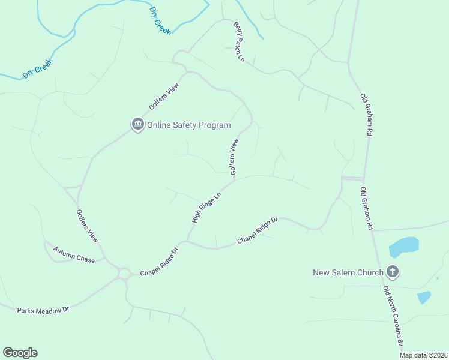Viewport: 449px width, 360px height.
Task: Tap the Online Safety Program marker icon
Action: click(x=137, y=124)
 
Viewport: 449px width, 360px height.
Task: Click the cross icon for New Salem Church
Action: click(x=393, y=272)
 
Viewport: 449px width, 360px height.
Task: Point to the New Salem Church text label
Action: click(x=348, y=272)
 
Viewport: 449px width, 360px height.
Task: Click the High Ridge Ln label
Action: click(x=206, y=208)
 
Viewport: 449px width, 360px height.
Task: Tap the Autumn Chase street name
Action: click(x=74, y=254)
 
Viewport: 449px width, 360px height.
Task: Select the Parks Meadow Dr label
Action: click(x=43, y=310)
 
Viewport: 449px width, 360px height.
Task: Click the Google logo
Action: click(x=20, y=353)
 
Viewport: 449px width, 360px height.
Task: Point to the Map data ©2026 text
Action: click(x=423, y=355)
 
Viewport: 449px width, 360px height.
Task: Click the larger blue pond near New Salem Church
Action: click(x=403, y=247)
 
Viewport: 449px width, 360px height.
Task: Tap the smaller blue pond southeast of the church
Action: click(x=424, y=297)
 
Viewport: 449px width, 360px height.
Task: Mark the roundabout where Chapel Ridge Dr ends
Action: click(x=125, y=274)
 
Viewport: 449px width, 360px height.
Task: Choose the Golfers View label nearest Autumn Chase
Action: click(x=87, y=226)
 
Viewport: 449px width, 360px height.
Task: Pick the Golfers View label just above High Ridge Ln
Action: click(x=234, y=157)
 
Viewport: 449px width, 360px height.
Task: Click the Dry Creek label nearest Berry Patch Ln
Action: click(x=160, y=21)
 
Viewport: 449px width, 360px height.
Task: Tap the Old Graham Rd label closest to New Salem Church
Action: click(x=367, y=208)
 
